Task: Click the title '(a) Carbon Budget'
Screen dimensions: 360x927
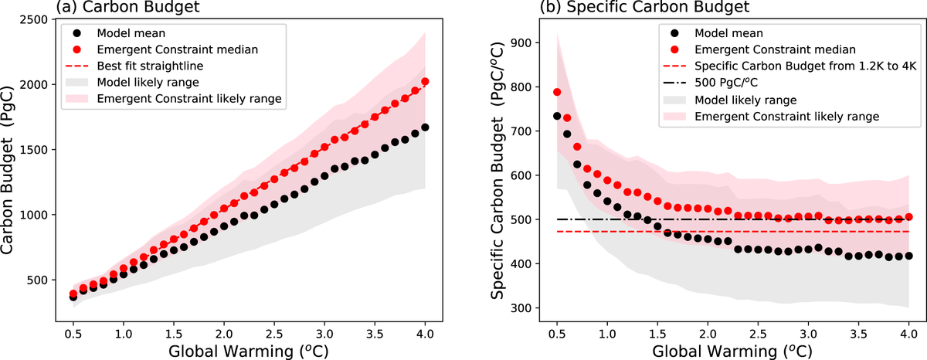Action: coord(107,8)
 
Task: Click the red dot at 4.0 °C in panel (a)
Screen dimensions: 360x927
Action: coord(426,81)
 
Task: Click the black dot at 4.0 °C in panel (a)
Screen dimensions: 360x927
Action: coord(426,127)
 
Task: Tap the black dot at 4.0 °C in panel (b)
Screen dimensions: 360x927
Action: coord(908,256)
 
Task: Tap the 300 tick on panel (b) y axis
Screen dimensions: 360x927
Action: coord(512,308)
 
